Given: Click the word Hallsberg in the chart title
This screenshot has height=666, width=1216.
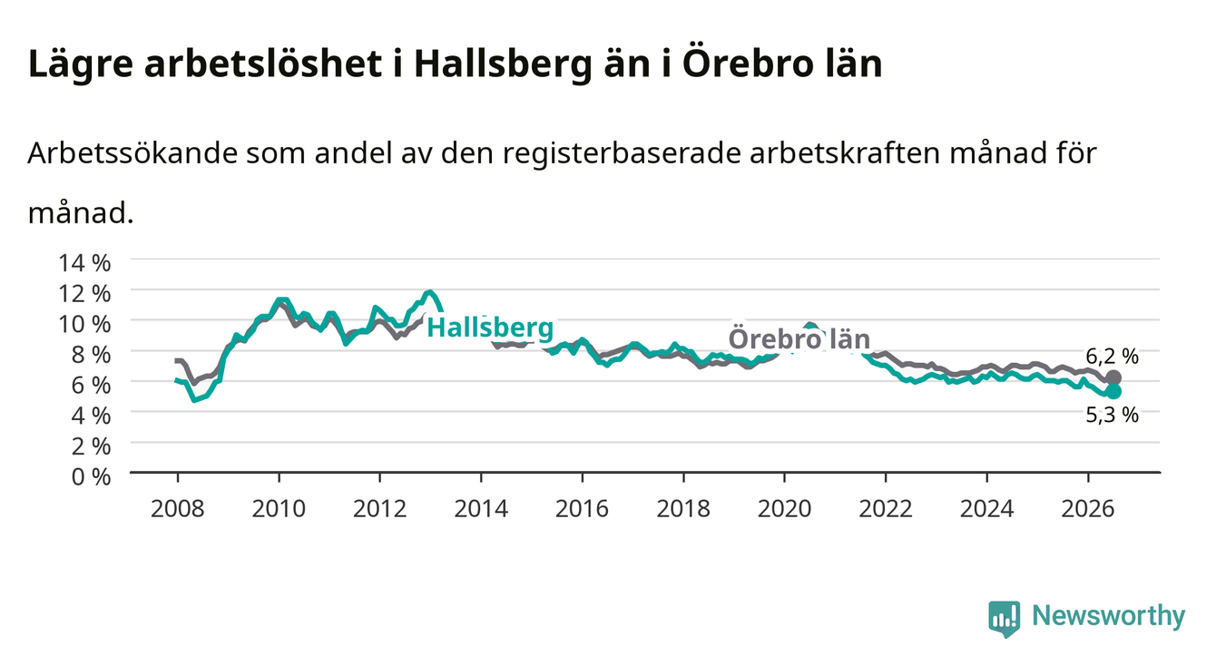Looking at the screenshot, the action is (x=503, y=65).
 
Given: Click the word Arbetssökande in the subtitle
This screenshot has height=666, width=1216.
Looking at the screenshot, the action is (x=132, y=153).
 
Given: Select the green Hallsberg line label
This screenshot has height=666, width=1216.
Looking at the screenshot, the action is (x=490, y=328).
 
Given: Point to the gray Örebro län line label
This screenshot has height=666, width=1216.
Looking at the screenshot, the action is (x=799, y=339).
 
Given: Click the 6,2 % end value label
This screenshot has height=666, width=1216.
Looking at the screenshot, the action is (x=1112, y=356).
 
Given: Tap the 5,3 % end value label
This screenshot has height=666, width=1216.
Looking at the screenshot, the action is (x=1112, y=416).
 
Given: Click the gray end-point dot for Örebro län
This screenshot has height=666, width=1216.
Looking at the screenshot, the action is (x=1113, y=377).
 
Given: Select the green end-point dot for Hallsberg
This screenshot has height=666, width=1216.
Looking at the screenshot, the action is (x=1113, y=391).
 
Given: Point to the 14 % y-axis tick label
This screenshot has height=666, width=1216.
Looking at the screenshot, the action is (x=84, y=263).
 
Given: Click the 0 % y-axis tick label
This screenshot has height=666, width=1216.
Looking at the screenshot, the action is (x=91, y=477).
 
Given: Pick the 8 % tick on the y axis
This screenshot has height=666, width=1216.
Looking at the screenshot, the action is (x=91, y=355).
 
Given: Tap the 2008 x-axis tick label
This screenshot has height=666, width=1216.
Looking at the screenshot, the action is (x=178, y=509).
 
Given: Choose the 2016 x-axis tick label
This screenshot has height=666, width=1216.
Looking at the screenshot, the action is (x=582, y=509).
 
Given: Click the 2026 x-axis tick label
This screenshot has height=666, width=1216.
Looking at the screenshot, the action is (x=1088, y=509).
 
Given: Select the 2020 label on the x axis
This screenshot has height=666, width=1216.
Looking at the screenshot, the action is (x=784, y=509).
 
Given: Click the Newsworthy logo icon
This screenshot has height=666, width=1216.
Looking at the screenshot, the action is (x=1005, y=619).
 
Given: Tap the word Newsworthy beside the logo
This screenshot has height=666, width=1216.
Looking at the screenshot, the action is (x=1109, y=616).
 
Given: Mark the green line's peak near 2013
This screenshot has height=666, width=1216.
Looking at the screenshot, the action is (x=430, y=292).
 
